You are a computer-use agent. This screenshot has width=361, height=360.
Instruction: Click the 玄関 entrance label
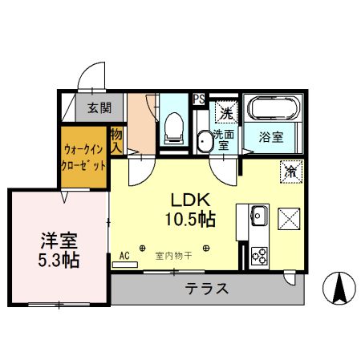[x=99, y=107]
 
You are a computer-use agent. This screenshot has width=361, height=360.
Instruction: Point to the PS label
[x=199, y=99]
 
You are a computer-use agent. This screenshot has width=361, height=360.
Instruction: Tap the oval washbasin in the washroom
[x=205, y=142]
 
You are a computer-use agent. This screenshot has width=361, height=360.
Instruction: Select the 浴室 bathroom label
[x=270, y=138]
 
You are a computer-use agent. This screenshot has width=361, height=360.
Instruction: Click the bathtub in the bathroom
[x=273, y=109]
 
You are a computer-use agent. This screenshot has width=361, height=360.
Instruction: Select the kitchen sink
[x=259, y=215]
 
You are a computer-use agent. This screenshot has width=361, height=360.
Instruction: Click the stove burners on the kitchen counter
[x=259, y=256]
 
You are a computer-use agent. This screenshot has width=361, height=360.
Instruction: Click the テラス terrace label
[x=207, y=289]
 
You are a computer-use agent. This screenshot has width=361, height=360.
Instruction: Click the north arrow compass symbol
[x=339, y=287]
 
